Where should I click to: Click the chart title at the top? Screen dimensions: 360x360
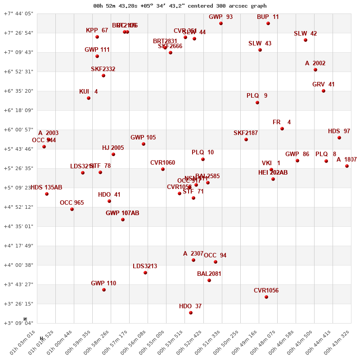[x=180, y=6]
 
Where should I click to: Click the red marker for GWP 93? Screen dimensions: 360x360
[x=221, y=23]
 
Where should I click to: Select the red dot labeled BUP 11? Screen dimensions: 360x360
[x=268, y=23]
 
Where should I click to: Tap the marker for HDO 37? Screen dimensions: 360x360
[x=191, y=313]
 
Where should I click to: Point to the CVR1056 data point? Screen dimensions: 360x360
[x=266, y=297]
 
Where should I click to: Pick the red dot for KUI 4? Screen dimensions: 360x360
[x=89, y=98]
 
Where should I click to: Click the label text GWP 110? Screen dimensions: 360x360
[x=103, y=283]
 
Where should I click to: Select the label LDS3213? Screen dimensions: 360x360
[x=145, y=266]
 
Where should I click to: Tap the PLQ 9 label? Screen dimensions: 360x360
[x=257, y=96]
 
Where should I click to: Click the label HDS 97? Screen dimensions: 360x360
[x=339, y=131]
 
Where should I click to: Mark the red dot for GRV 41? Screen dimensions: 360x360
[x=324, y=91]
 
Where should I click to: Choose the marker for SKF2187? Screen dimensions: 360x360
[x=246, y=139]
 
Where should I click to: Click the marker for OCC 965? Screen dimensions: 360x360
[x=72, y=209]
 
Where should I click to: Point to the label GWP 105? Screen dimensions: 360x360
[x=143, y=138]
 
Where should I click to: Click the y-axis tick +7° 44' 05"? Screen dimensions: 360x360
[x=18, y=13]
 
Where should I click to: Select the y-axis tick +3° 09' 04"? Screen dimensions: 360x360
[x=18, y=323]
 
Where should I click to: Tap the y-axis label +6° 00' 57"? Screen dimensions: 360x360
[x=18, y=130]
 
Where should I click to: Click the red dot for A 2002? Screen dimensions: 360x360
[x=315, y=70]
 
